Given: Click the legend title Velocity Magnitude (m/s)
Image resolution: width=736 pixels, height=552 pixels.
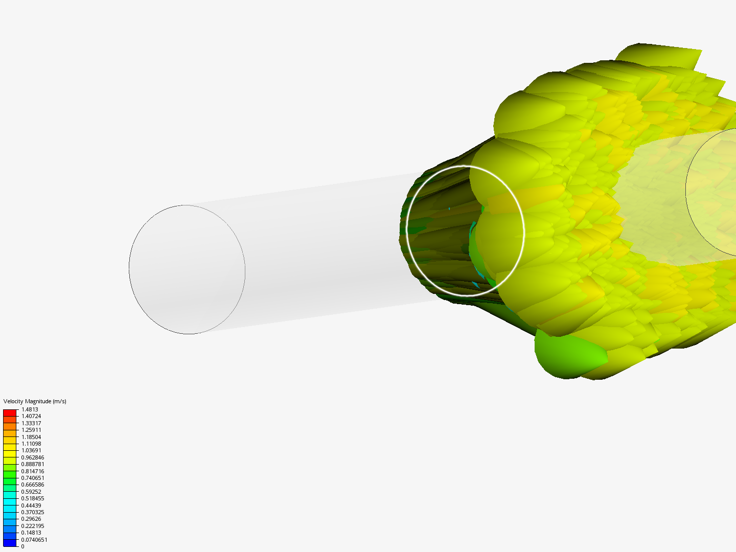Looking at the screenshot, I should click(x=35, y=401).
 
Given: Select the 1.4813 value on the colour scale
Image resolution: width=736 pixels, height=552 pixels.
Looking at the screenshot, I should click(x=30, y=409).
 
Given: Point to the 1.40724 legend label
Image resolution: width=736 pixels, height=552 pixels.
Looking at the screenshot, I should click(x=31, y=416).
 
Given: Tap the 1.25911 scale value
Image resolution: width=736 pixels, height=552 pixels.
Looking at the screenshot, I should click(x=31, y=430).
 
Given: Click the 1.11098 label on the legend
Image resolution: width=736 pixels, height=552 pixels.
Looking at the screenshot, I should click(x=31, y=444).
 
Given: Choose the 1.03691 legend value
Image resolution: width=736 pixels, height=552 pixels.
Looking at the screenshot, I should click(x=31, y=450).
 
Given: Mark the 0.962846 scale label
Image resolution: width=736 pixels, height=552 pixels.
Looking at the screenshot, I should click(x=32, y=457).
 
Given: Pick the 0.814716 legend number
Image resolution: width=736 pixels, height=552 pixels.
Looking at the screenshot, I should click(x=32, y=471).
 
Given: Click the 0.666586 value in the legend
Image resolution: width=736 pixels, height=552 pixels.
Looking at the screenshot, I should click(x=32, y=485).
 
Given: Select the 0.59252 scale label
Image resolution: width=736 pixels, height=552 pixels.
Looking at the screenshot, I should click(x=31, y=492).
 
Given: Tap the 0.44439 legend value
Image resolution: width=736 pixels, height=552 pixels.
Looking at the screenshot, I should click(x=31, y=505).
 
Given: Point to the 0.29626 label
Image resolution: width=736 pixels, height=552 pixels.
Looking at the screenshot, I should click(x=31, y=519).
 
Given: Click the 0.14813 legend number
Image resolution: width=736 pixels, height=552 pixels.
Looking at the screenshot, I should click(x=31, y=533).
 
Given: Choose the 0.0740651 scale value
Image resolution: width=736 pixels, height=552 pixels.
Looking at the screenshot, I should click(x=34, y=540).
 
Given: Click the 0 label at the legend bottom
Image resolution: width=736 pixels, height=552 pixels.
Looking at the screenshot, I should click(x=22, y=546).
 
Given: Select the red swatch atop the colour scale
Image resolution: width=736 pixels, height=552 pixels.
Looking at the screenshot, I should click(x=10, y=412).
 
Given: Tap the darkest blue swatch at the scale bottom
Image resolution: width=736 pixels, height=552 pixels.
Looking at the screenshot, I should click(x=10, y=543).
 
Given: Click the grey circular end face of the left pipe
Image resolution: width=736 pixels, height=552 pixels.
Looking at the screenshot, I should click(x=187, y=269).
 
